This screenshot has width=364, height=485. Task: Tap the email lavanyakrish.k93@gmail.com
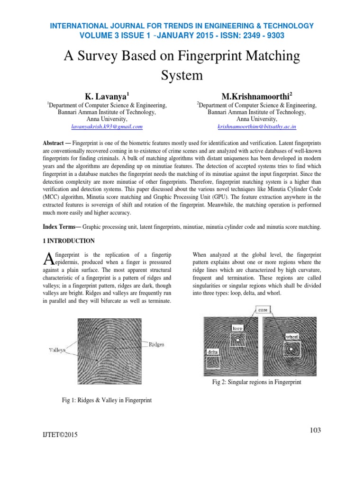[x=107, y=127]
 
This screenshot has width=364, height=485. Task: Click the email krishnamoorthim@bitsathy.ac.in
[x=256, y=127]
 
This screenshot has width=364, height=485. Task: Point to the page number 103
[x=315, y=430]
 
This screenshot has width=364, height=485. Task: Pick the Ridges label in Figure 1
[x=156, y=344]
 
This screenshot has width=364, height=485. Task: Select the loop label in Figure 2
[x=237, y=327]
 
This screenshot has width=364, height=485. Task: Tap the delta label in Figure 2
[x=211, y=352]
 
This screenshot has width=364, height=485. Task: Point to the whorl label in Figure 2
[x=291, y=336]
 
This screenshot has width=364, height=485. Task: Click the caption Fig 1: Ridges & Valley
[x=107, y=400]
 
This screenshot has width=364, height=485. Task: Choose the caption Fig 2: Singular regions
[x=256, y=382]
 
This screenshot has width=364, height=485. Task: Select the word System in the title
[x=182, y=75]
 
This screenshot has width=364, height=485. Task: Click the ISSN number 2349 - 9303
[x=259, y=35]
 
